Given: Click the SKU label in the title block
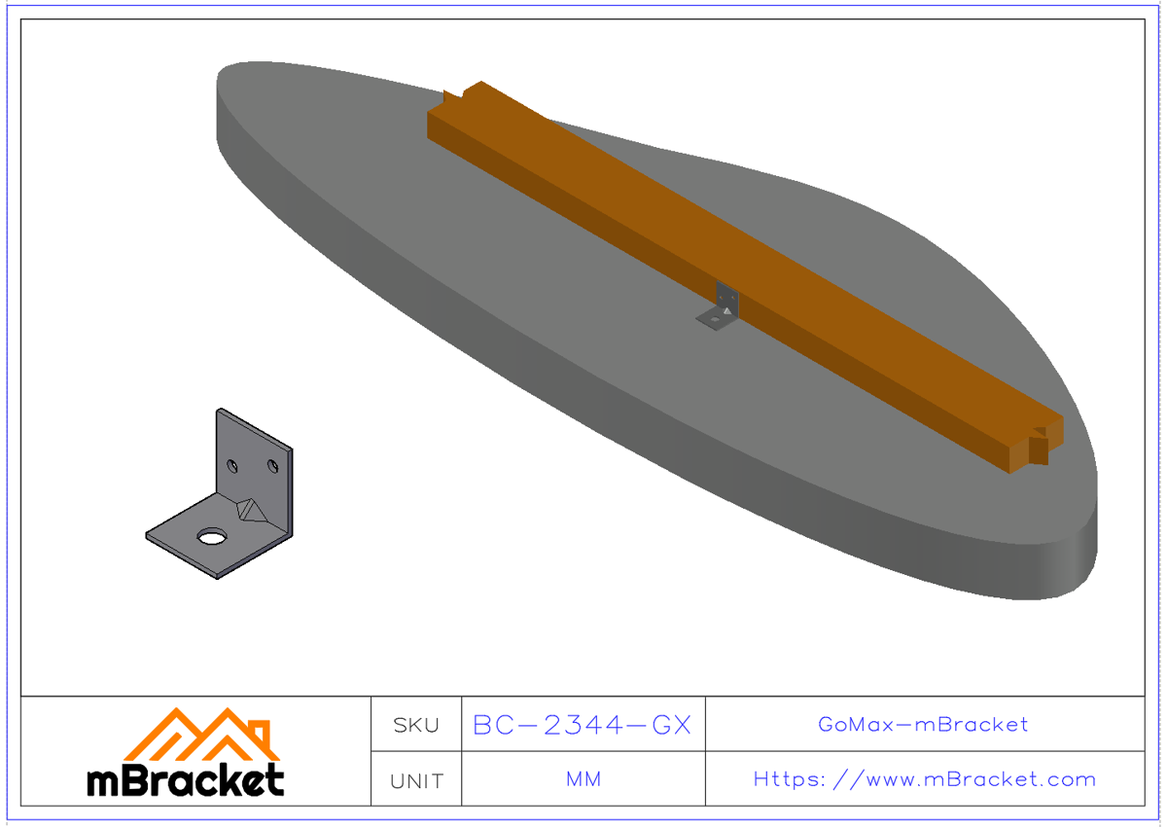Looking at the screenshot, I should click(416, 725).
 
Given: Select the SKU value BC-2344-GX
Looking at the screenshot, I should click(582, 725).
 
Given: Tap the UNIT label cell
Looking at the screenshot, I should click(416, 780).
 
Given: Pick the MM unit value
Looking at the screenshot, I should click(583, 779).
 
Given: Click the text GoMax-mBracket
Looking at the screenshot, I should click(923, 724).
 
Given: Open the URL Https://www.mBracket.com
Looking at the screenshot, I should click(924, 779).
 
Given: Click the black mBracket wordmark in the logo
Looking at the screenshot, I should click(185, 780).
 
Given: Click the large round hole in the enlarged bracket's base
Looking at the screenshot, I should click(211, 535).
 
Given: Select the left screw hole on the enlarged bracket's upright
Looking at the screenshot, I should click(233, 464).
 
